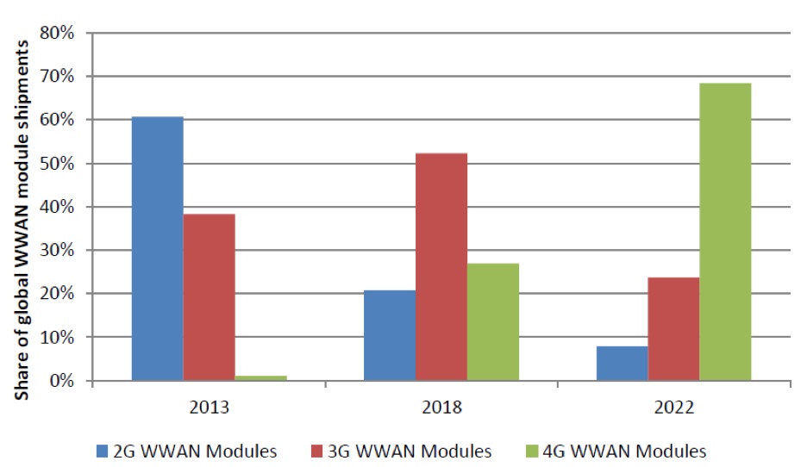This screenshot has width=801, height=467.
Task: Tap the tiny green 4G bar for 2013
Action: click(260, 377)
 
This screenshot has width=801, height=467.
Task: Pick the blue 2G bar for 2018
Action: click(390, 335)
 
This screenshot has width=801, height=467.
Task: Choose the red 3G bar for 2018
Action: click(441, 266)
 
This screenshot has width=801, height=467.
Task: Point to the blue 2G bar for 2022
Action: click(622, 363)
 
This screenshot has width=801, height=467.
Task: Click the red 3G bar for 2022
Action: click(673, 328)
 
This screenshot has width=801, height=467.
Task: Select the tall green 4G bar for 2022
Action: click(725, 232)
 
